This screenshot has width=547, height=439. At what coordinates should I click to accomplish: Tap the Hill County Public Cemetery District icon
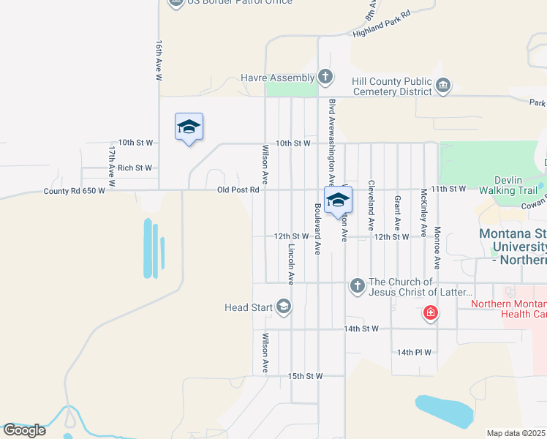click(443, 86)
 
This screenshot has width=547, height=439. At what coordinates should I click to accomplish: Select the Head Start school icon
click(283, 307)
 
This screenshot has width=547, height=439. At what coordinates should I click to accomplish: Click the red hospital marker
click(431, 314)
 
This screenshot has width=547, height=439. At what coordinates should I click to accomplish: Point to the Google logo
click(24, 430)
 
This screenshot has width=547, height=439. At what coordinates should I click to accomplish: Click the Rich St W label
click(135, 168)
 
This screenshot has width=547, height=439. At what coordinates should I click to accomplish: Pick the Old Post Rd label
click(238, 190)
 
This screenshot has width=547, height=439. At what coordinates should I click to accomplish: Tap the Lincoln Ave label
click(291, 264)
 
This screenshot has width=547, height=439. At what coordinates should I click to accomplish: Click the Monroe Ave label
click(437, 250)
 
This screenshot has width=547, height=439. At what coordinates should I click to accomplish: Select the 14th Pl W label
click(414, 352)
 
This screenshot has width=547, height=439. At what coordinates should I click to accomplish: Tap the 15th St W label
click(305, 376)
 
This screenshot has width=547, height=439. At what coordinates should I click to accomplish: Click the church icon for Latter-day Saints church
click(357, 285)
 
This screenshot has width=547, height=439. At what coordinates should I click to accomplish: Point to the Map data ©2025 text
click(516, 433)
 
